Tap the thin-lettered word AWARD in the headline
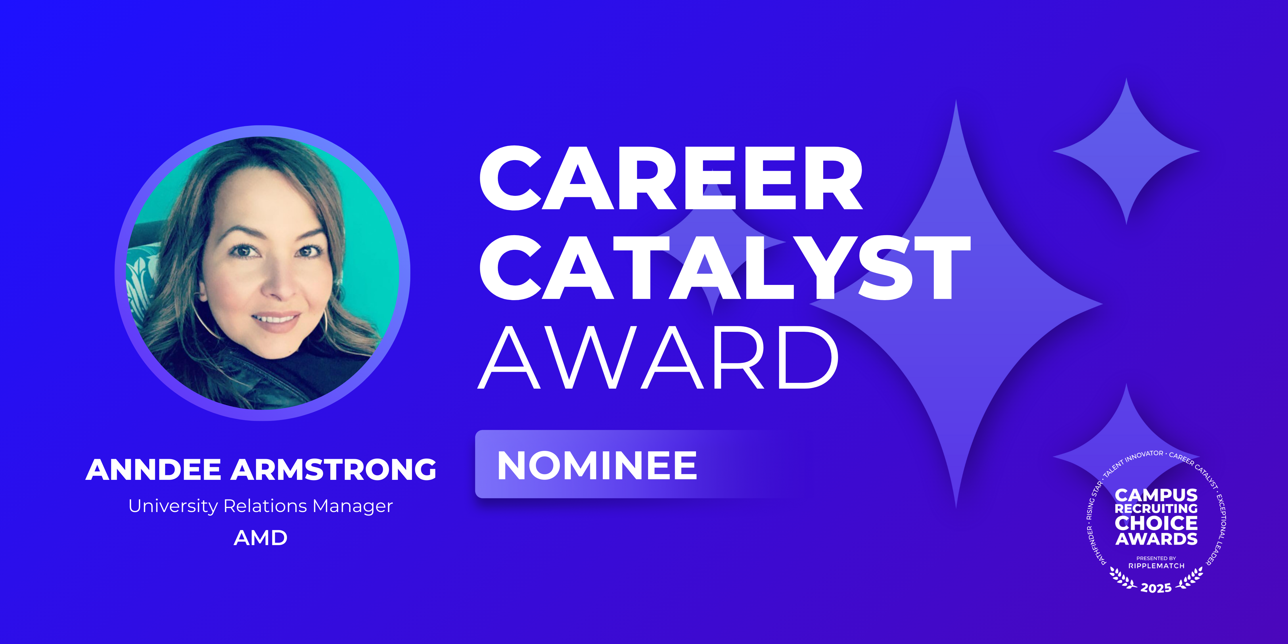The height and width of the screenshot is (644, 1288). coord(658,357)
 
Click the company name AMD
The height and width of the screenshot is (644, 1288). coord(260,538)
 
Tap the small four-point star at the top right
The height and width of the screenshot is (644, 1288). coord(1126,151)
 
